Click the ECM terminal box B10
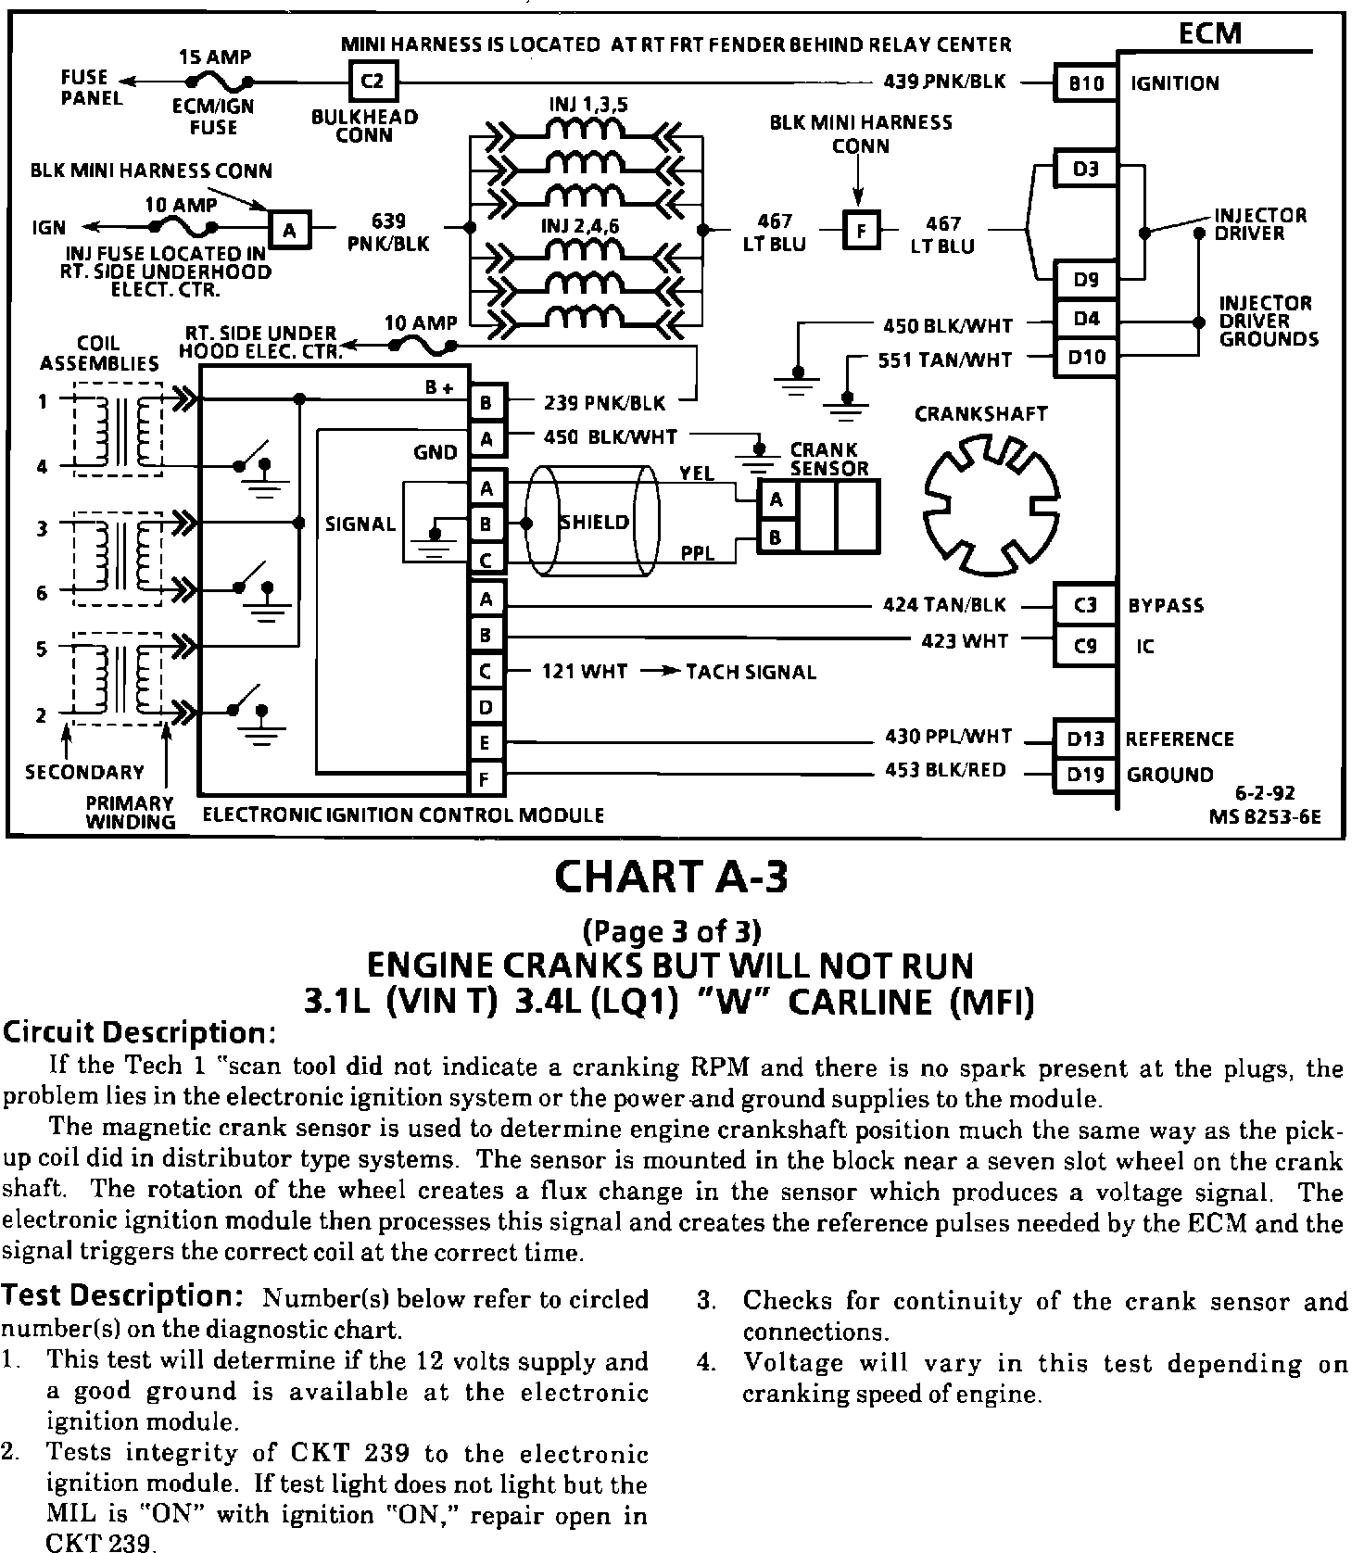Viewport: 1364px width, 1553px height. click(x=1085, y=83)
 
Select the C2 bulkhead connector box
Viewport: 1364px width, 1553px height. click(x=372, y=82)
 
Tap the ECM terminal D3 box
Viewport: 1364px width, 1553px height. click(x=1085, y=170)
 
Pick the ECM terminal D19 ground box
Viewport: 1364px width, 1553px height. click(x=1085, y=774)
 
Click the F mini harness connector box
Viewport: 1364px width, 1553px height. click(x=862, y=231)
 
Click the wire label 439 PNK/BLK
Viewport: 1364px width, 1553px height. click(x=944, y=82)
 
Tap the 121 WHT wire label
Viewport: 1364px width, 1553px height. click(x=585, y=672)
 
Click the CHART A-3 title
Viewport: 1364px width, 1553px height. click(x=671, y=877)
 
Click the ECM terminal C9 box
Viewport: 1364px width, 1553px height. click(x=1085, y=646)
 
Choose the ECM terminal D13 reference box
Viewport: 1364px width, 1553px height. click(x=1085, y=739)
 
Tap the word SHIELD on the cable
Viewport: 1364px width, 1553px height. click(x=595, y=522)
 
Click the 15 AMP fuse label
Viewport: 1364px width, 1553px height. click(x=214, y=57)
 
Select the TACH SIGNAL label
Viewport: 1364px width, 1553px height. click(x=751, y=672)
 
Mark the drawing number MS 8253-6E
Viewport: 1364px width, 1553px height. click(x=1264, y=816)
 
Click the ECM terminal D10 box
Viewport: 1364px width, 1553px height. click(x=1085, y=357)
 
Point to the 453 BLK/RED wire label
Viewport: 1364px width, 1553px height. click(x=945, y=770)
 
